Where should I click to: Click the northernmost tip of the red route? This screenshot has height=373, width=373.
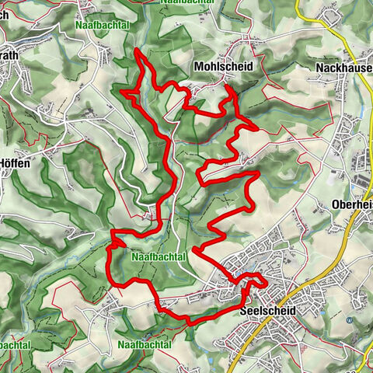[x=137, y=50]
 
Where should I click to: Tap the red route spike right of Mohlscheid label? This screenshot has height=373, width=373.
[x=229, y=90]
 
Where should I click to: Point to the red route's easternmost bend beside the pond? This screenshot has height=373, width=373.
[x=265, y=282]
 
